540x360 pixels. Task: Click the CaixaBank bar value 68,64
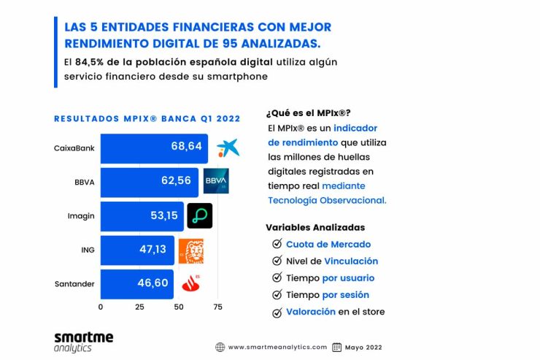(x=186, y=148)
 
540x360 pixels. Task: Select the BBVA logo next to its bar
(x=216, y=181)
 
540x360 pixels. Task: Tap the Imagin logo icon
(x=199, y=215)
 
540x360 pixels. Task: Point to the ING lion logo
(x=191, y=250)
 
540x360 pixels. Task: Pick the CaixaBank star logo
(x=227, y=147)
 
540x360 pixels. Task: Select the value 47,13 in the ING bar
(x=153, y=250)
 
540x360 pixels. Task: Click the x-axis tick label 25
(x=139, y=307)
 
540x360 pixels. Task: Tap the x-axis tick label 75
(x=217, y=307)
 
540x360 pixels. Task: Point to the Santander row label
(x=74, y=284)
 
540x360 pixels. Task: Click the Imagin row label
(x=80, y=215)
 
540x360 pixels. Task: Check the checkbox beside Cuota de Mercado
(x=277, y=245)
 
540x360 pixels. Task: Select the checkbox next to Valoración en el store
(x=277, y=313)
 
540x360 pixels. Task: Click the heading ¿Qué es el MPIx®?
(x=308, y=112)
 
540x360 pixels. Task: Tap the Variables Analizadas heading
(x=315, y=227)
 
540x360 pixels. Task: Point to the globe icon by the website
(x=220, y=347)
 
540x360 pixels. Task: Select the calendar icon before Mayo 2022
(x=337, y=347)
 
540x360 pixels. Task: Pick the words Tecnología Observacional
(x=327, y=200)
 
